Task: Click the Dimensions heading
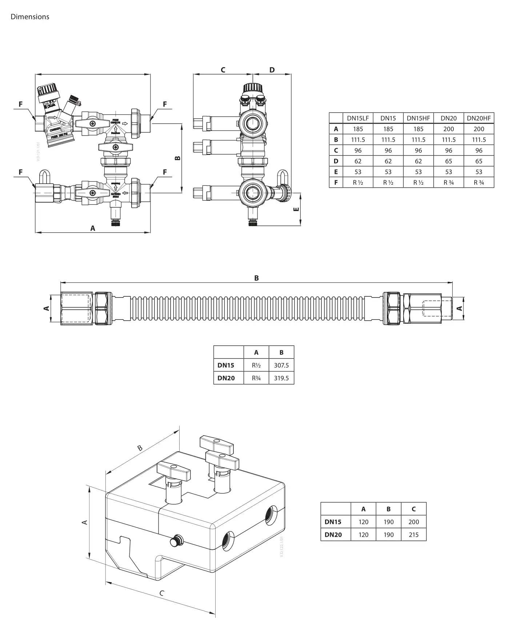[30, 17]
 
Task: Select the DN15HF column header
[418, 118]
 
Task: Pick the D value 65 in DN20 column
[448, 161]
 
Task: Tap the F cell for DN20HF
[478, 183]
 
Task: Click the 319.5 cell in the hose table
[281, 378]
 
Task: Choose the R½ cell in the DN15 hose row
[256, 365]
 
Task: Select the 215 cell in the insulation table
[413, 535]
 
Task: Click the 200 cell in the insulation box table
[413, 522]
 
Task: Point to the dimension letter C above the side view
[223, 70]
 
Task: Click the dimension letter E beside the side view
[296, 209]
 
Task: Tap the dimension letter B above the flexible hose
[256, 278]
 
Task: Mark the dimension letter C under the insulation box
[162, 593]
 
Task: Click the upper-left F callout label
[21, 104]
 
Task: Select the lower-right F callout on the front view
[165, 172]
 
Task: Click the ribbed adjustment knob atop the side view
[252, 87]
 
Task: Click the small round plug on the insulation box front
[176, 541]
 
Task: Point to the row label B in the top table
[336, 140]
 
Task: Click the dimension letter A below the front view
[93, 228]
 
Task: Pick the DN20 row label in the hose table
[226, 378]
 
